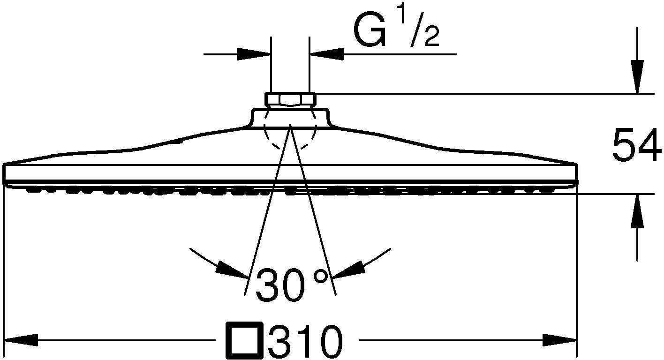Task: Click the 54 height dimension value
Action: (636, 146)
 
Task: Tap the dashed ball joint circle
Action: (290, 134)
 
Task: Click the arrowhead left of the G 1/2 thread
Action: (254, 54)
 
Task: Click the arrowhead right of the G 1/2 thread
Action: (327, 54)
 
